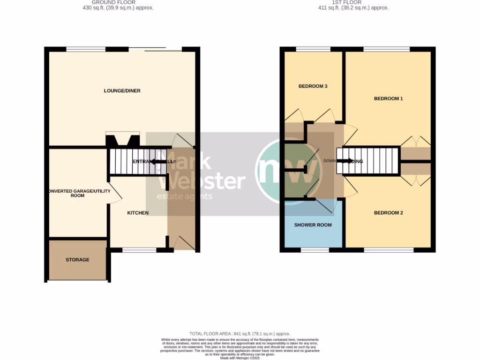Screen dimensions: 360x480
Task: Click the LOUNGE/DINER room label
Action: (x=122, y=91)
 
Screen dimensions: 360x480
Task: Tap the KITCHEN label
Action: (x=138, y=213)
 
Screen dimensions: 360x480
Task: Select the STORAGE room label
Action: (x=77, y=260)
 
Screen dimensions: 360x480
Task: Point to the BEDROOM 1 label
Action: (x=388, y=98)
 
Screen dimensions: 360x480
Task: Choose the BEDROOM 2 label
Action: (x=388, y=213)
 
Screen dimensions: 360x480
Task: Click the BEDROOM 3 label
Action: (x=313, y=86)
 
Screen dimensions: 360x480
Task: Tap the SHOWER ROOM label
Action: (x=313, y=225)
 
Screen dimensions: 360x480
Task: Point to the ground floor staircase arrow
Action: (x=157, y=162)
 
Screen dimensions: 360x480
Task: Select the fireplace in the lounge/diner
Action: (x=122, y=140)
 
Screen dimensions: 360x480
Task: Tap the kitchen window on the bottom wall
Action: (x=139, y=250)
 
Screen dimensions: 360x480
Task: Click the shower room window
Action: (x=315, y=250)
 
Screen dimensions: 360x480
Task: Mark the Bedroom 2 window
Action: (x=389, y=250)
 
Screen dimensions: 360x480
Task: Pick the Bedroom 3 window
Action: (x=313, y=48)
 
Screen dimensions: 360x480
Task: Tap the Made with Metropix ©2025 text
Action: (x=240, y=358)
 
